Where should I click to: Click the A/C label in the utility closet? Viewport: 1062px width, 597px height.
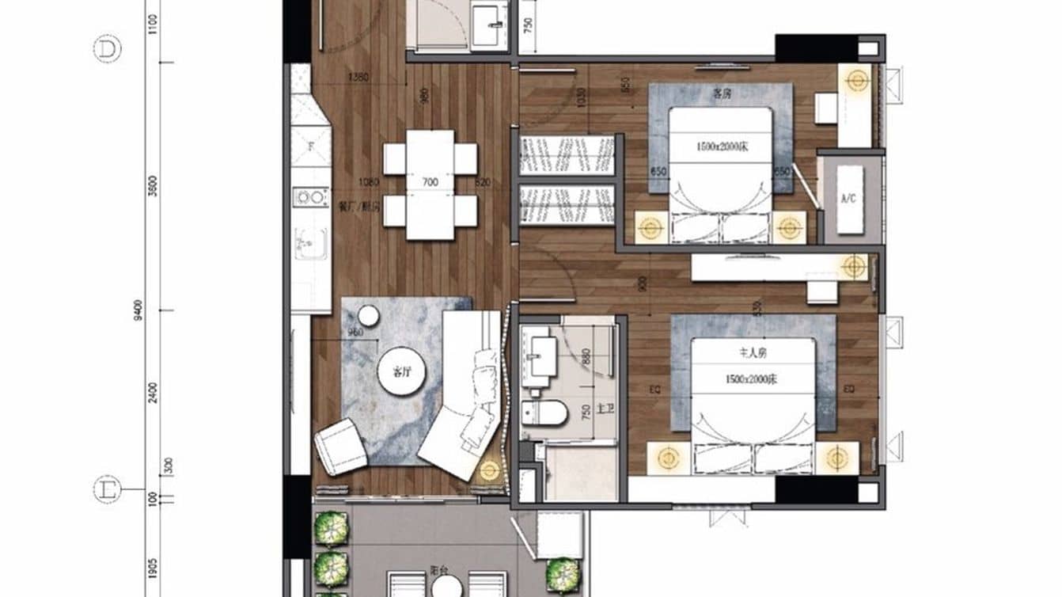[x=848, y=199]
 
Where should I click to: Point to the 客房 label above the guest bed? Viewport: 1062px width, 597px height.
[x=721, y=94]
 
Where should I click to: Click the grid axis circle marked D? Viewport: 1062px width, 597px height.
[x=107, y=50]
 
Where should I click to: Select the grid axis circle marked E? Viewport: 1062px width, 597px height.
[x=107, y=489]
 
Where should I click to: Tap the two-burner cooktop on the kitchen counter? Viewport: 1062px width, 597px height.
[x=310, y=196]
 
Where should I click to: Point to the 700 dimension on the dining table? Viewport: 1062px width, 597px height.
[x=430, y=183]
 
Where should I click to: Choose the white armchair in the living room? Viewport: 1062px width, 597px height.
[x=341, y=446]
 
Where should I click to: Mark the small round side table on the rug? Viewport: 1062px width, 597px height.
[x=369, y=316]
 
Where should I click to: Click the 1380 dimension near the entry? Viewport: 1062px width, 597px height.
[x=359, y=78]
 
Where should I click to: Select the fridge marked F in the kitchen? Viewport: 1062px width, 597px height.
[x=310, y=146]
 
